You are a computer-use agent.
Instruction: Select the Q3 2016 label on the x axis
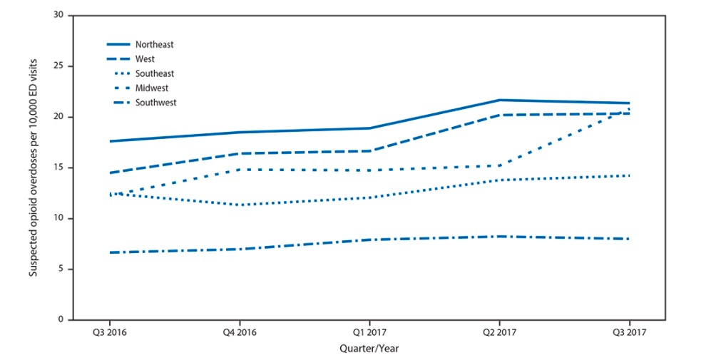[x=108, y=332]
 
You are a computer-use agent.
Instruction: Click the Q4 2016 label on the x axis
[x=238, y=332]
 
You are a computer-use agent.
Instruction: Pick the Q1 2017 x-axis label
[x=369, y=332]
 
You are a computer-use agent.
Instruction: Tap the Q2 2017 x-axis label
[x=498, y=332]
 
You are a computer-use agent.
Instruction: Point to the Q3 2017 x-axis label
[x=628, y=332]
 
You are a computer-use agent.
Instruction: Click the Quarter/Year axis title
[x=368, y=348]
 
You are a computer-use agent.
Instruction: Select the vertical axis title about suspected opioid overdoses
[x=33, y=168]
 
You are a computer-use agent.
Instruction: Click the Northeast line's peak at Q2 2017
[x=498, y=100]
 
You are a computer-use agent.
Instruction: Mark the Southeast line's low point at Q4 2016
[x=238, y=205]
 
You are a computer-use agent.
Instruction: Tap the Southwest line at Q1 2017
[x=369, y=240]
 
